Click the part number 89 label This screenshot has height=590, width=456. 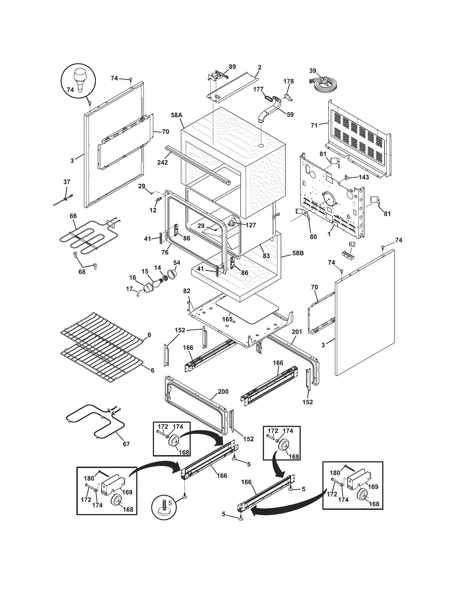click(232, 67)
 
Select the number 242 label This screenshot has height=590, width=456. click(163, 162)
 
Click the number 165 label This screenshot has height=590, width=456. click(227, 319)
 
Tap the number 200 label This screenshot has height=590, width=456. click(223, 392)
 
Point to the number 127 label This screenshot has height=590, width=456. click(251, 225)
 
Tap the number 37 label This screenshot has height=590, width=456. click(67, 182)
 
